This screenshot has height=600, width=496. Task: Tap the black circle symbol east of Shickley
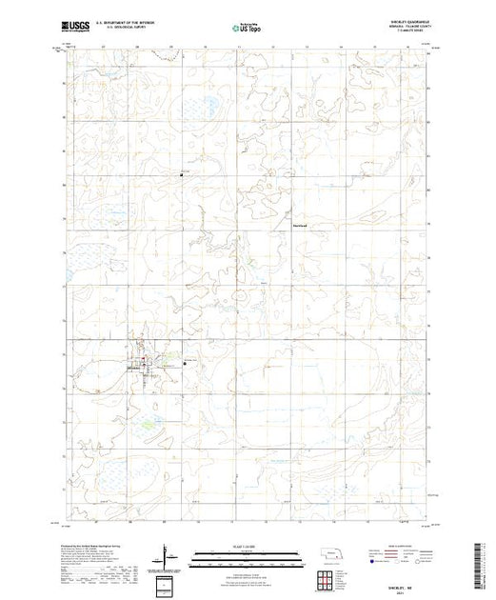(x=184, y=360)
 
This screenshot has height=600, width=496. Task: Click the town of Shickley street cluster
(x=143, y=364)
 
